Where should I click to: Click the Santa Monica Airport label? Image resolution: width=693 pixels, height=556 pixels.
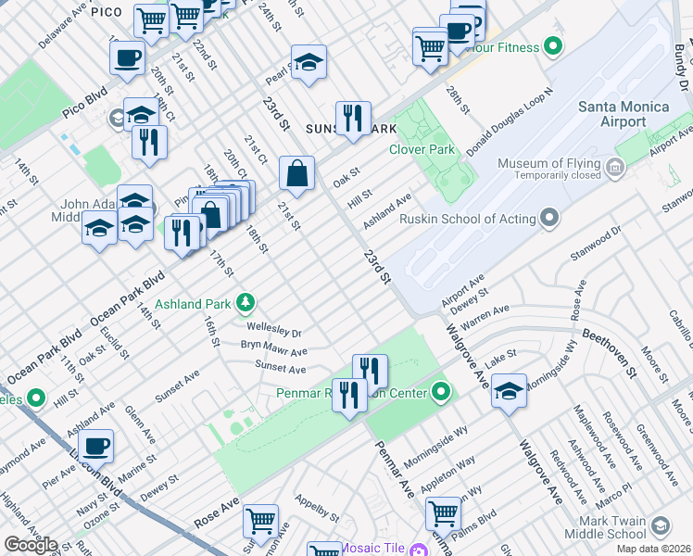pyautogui.click(x=623, y=114)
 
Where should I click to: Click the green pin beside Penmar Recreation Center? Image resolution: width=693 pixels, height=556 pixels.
pyautogui.click(x=441, y=393)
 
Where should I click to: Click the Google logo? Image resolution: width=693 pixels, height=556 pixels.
pyautogui.click(x=31, y=545)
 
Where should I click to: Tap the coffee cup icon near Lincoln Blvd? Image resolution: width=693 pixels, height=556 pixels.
pyautogui.click(x=95, y=447)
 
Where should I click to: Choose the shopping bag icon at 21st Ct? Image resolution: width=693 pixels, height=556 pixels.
pyautogui.click(x=296, y=173)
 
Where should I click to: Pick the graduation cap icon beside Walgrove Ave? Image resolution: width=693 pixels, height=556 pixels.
pyautogui.click(x=509, y=390)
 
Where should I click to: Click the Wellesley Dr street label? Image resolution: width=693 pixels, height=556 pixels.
pyautogui.click(x=274, y=332)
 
